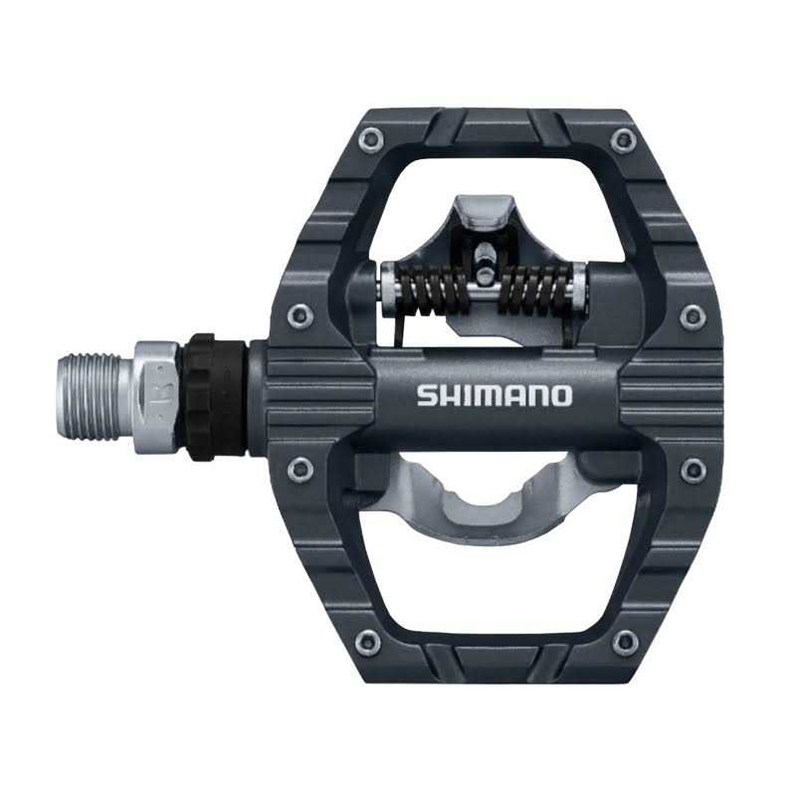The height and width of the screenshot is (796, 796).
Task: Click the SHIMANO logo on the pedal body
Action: coord(495,395)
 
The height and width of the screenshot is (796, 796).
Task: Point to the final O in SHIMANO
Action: coord(562,395)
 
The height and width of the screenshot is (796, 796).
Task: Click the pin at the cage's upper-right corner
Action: coord(624,138)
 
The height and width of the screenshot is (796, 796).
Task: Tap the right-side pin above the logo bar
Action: coord(694,317)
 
